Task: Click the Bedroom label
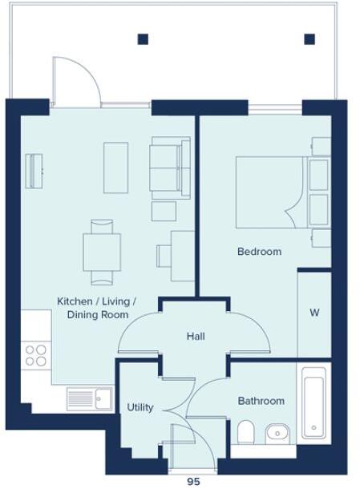[x=259, y=252]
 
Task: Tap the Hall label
[x=196, y=336]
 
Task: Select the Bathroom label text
[x=261, y=401]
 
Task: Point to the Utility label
[x=140, y=408]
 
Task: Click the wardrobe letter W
[x=314, y=313]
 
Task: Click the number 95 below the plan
[x=193, y=482]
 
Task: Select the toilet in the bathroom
[x=247, y=433]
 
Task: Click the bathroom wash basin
[x=277, y=433]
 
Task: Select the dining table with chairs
[x=102, y=252]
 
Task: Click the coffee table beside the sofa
[x=116, y=167]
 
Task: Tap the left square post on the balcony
[x=143, y=38]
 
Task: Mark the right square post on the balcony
[x=309, y=38]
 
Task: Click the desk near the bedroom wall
[x=181, y=254]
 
